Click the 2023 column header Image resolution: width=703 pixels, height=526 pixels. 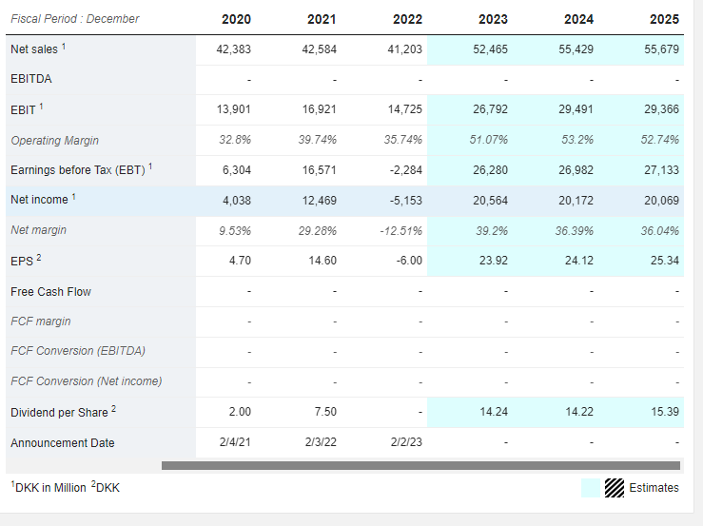[493, 19]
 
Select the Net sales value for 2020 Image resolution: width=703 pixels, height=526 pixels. [234, 49]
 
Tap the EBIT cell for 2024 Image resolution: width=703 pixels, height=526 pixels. [576, 109]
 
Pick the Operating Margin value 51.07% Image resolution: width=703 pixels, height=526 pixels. [488, 140]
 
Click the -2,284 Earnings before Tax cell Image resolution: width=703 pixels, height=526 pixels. [406, 170]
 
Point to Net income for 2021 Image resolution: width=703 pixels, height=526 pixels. [320, 201]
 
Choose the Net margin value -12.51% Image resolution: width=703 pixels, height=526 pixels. [400, 231]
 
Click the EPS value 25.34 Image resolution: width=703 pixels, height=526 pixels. [665, 261]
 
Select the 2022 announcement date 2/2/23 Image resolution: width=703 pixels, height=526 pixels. [406, 442]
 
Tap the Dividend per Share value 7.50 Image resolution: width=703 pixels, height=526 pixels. [325, 412]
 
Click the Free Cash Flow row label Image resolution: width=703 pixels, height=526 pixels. [50, 292]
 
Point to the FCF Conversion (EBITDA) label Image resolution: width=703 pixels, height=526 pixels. [78, 351]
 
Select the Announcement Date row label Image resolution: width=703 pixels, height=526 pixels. [63, 443]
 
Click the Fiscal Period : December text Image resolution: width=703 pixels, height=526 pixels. [75, 19]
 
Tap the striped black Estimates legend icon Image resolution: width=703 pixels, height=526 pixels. [615, 488]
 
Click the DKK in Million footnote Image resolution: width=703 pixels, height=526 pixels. [49, 487]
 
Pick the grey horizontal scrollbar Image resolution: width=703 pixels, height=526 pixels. [420, 466]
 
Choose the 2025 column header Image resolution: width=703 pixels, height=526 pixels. [664, 19]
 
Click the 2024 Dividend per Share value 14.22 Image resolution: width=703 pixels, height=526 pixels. [579, 412]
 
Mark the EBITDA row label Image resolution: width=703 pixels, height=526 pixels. [31, 79]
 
